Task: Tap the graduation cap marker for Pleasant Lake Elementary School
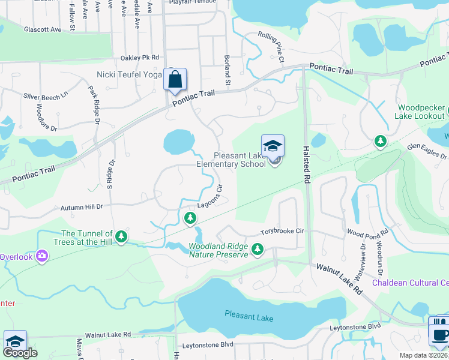tap(272, 146)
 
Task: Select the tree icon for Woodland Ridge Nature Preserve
tap(258, 248)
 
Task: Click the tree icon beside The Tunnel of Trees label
tap(122, 237)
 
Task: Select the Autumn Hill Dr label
tap(82, 207)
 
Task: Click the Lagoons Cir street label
tap(209, 196)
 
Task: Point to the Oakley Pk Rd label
tap(139, 58)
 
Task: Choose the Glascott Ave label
tap(43, 29)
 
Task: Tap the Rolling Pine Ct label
tap(271, 47)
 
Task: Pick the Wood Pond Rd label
tap(367, 232)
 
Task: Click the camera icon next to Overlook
tap(41, 256)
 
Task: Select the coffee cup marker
tap(440, 332)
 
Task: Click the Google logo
tap(21, 353)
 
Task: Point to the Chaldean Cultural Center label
tap(411, 283)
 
